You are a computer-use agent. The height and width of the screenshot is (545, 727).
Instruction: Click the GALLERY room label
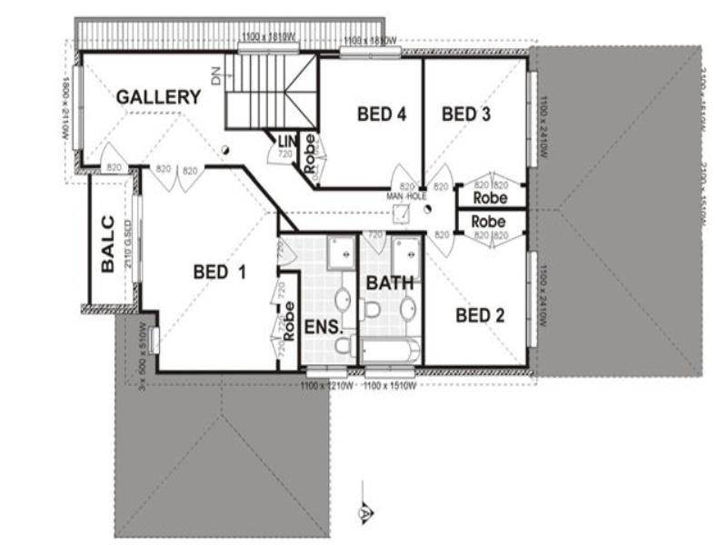(x=158, y=97)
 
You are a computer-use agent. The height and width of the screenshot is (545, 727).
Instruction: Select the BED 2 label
(x=479, y=315)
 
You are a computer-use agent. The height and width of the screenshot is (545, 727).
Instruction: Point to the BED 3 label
(x=466, y=114)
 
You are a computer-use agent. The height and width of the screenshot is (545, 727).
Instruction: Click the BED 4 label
(x=381, y=114)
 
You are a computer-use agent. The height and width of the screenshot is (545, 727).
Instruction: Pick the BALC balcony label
(x=107, y=243)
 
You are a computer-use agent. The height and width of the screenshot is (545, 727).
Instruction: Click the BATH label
(x=389, y=283)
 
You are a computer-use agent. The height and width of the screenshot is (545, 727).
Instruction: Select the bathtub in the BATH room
(x=391, y=350)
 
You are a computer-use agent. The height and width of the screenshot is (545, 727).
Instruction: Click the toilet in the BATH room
(x=371, y=310)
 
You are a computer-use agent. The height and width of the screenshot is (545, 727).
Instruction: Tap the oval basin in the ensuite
(x=344, y=300)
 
